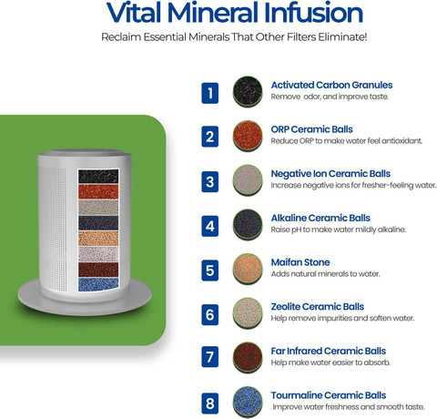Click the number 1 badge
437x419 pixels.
[210, 93]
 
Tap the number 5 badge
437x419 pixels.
[210, 271]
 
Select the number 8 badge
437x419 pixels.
[210, 404]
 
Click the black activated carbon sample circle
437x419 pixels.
[248, 91]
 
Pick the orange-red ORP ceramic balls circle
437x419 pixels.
[248, 136]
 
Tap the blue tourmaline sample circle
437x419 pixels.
[248, 402]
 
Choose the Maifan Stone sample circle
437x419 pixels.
[248, 269]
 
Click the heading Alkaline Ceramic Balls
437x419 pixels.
[320, 218]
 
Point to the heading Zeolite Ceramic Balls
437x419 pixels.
[318, 307]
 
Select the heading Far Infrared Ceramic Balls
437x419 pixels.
[329, 351]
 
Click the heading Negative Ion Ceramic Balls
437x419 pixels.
[330, 174]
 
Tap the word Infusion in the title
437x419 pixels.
[313, 13]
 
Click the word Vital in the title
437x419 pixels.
[135, 13]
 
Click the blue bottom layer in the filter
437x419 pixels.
[98, 284]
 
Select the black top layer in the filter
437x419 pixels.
[98, 176]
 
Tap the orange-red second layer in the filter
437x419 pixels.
[98, 191]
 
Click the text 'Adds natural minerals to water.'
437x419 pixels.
[325, 274]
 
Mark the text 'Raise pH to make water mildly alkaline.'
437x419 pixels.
[339, 230]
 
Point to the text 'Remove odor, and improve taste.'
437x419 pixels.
[330, 97]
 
